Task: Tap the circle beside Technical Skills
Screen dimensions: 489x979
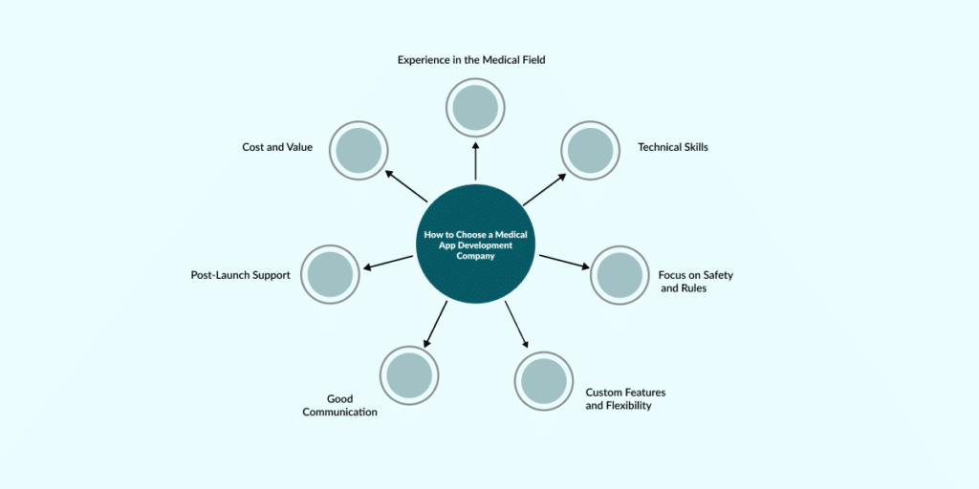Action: click(590, 150)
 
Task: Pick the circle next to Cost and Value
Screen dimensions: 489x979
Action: click(359, 150)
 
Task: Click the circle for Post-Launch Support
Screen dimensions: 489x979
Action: click(331, 274)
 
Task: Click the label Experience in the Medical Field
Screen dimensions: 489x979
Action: click(471, 59)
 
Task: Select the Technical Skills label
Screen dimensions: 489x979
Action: click(673, 147)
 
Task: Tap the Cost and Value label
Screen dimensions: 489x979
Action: click(277, 147)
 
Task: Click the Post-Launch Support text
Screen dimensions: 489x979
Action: click(240, 275)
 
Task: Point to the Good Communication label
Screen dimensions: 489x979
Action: click(339, 405)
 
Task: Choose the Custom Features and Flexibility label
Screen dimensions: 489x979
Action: click(625, 399)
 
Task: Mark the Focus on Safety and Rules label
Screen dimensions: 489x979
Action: click(695, 281)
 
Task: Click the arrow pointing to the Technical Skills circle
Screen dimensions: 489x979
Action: click(544, 189)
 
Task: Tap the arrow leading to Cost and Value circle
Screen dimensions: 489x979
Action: click(406, 186)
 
